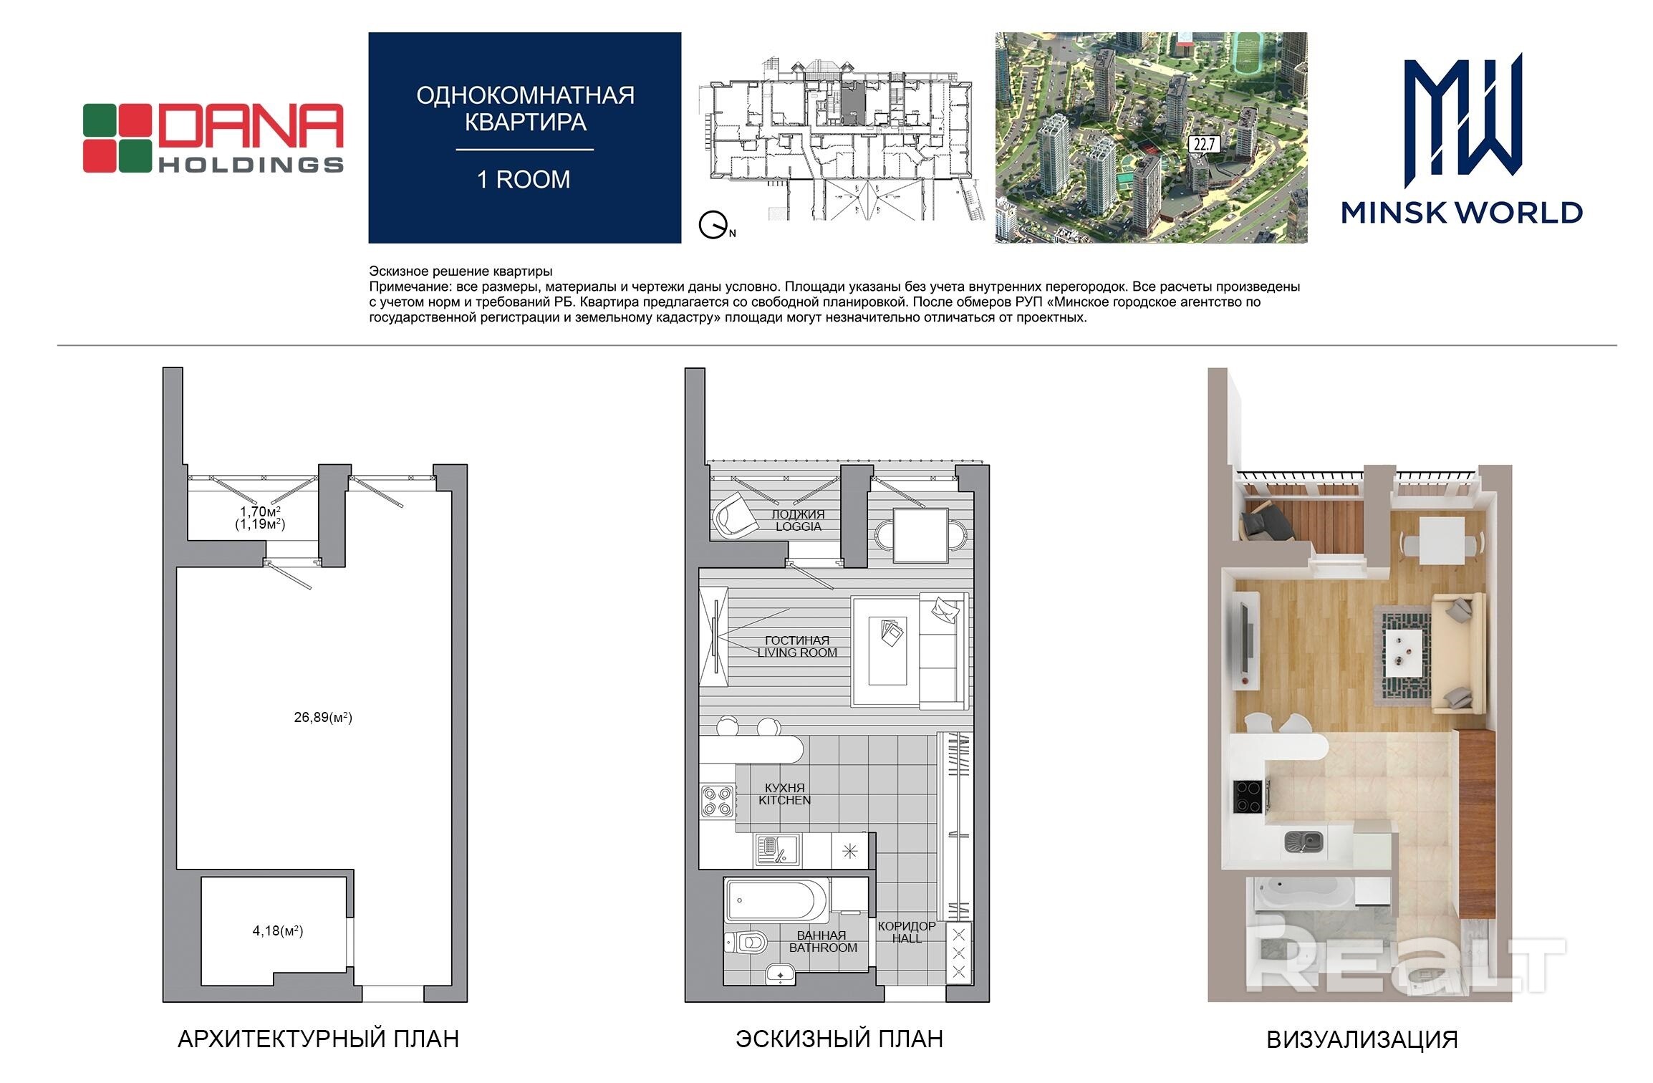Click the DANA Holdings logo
[x=213, y=138]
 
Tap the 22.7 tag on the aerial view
[x=1203, y=145]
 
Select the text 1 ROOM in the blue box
[x=524, y=179]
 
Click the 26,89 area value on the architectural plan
[x=323, y=717]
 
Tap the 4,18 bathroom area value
[x=278, y=931]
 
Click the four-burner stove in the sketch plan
[x=718, y=801]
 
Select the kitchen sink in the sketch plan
[x=778, y=850]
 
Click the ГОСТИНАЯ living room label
[x=797, y=640]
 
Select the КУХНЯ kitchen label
[x=785, y=788]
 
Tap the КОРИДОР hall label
[x=907, y=926]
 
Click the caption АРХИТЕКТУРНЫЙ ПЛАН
[x=319, y=1039]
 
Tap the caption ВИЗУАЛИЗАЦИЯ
[x=1362, y=1040]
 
